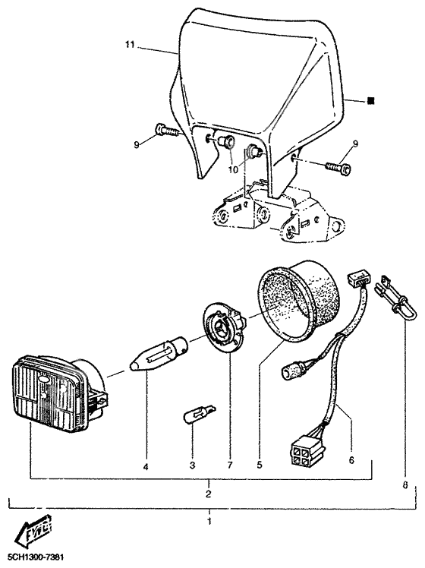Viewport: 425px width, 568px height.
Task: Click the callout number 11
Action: [129, 46]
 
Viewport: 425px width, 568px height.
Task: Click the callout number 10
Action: [233, 171]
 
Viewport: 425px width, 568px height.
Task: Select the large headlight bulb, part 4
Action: [155, 354]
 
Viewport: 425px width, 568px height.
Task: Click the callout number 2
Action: [208, 494]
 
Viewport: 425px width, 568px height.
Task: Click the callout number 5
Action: [260, 462]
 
